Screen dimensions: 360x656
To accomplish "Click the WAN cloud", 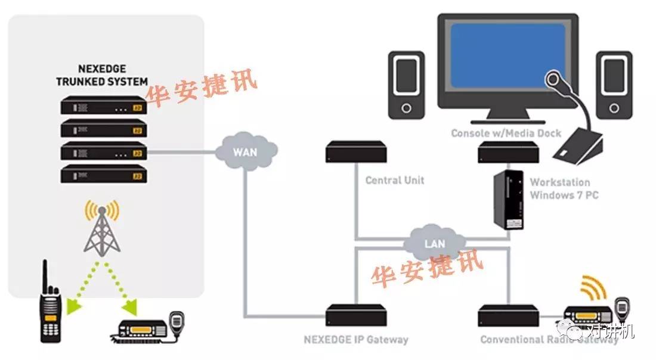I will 245,151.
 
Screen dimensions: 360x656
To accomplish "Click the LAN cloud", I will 434,243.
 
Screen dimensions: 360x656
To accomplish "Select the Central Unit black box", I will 355,153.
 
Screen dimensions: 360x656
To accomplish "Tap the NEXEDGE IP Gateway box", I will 355,316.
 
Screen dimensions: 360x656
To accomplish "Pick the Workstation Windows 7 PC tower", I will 509,200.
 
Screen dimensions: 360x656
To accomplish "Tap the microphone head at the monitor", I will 553,79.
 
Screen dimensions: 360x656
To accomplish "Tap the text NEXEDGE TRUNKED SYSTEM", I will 102,75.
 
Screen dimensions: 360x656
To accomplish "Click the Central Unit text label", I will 394,180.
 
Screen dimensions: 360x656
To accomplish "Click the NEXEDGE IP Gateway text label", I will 355,340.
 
